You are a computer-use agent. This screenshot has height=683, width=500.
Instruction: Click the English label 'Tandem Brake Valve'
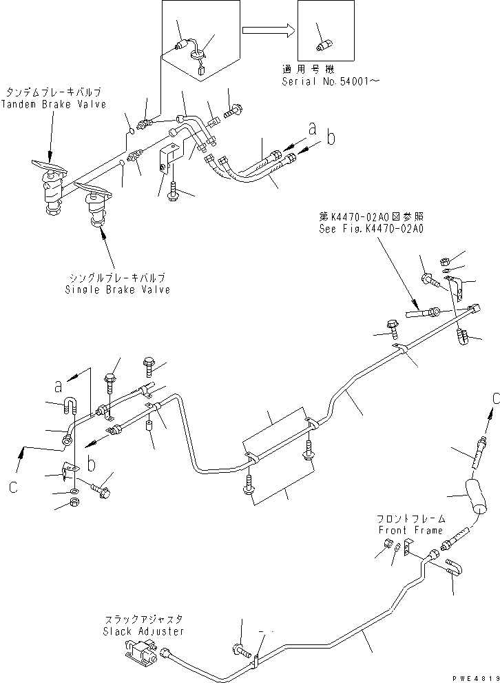click(x=54, y=105)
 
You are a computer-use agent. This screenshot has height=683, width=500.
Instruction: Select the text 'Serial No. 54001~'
click(x=321, y=81)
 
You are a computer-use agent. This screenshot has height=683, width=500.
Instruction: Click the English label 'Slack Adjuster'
click(x=143, y=631)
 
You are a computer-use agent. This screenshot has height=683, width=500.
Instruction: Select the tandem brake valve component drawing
click(x=49, y=181)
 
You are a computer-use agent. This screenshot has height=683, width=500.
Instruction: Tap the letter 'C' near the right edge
click(x=495, y=398)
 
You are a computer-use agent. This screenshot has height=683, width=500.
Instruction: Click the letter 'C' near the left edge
click(x=14, y=487)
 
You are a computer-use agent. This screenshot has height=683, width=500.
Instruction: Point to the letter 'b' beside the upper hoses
click(x=331, y=138)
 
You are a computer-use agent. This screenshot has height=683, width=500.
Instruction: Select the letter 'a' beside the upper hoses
click(x=312, y=128)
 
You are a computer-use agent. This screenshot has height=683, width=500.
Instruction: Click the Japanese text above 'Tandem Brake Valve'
click(x=54, y=92)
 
